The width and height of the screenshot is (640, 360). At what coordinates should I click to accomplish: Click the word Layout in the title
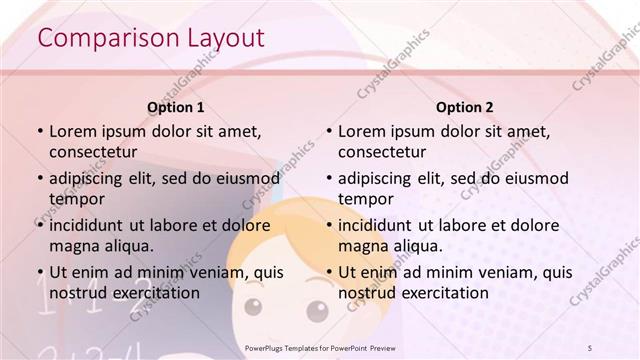(x=226, y=38)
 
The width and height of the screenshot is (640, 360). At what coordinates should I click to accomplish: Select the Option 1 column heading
(x=176, y=107)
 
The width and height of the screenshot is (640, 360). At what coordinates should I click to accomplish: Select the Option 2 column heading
(x=465, y=107)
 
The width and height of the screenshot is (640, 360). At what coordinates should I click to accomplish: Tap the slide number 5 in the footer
(x=590, y=347)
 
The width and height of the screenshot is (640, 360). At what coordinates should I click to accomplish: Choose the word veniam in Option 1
(x=209, y=272)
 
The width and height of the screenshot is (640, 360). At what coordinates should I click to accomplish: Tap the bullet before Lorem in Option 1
(x=39, y=131)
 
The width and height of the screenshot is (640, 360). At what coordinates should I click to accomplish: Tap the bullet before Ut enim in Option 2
(x=328, y=272)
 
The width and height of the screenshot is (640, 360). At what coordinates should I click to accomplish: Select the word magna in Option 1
(x=72, y=246)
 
